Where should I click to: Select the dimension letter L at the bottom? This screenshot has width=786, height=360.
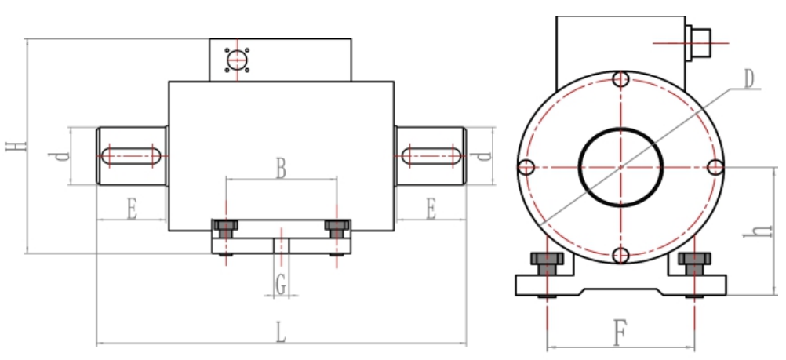point(281,332)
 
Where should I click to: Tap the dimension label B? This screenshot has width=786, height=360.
point(280,167)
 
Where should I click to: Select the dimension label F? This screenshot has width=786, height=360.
point(619,335)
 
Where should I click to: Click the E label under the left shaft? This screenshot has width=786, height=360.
point(131,209)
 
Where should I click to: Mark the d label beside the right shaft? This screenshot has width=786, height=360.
point(486,155)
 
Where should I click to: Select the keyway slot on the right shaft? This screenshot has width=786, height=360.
point(431,155)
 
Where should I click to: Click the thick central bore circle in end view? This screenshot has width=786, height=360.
point(620,166)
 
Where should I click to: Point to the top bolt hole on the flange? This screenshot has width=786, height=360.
point(620,79)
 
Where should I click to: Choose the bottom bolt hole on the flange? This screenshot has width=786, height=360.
point(620,255)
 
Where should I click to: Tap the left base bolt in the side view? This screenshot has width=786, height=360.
point(226,228)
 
